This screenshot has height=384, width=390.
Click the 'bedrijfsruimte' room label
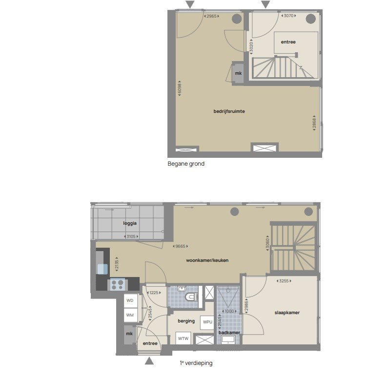pyautogui.click(x=229, y=111)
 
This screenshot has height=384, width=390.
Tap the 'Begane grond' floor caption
pyautogui.click(x=186, y=164)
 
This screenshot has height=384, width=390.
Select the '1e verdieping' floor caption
pyautogui.click(x=196, y=363)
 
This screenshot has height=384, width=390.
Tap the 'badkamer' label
pyautogui.click(x=229, y=333)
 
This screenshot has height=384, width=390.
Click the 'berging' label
pyautogui.click(x=186, y=321)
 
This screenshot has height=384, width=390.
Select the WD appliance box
pyautogui.click(x=130, y=300)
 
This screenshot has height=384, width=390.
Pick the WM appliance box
pyautogui.click(x=130, y=315)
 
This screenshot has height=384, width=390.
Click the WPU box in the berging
pyautogui.click(x=207, y=322)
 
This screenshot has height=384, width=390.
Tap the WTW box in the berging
pyautogui.click(x=184, y=338)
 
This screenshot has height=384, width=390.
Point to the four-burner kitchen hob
pyautogui.click(x=117, y=284)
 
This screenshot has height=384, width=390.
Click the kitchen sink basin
pyautogui.click(x=103, y=269)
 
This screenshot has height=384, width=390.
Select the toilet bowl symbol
pyautogui.click(x=191, y=297)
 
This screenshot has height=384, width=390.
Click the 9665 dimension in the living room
pyautogui.click(x=180, y=246)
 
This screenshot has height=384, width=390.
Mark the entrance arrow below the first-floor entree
pyautogui.click(x=149, y=361)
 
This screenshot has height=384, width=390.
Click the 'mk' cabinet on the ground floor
pyautogui.click(x=238, y=73)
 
